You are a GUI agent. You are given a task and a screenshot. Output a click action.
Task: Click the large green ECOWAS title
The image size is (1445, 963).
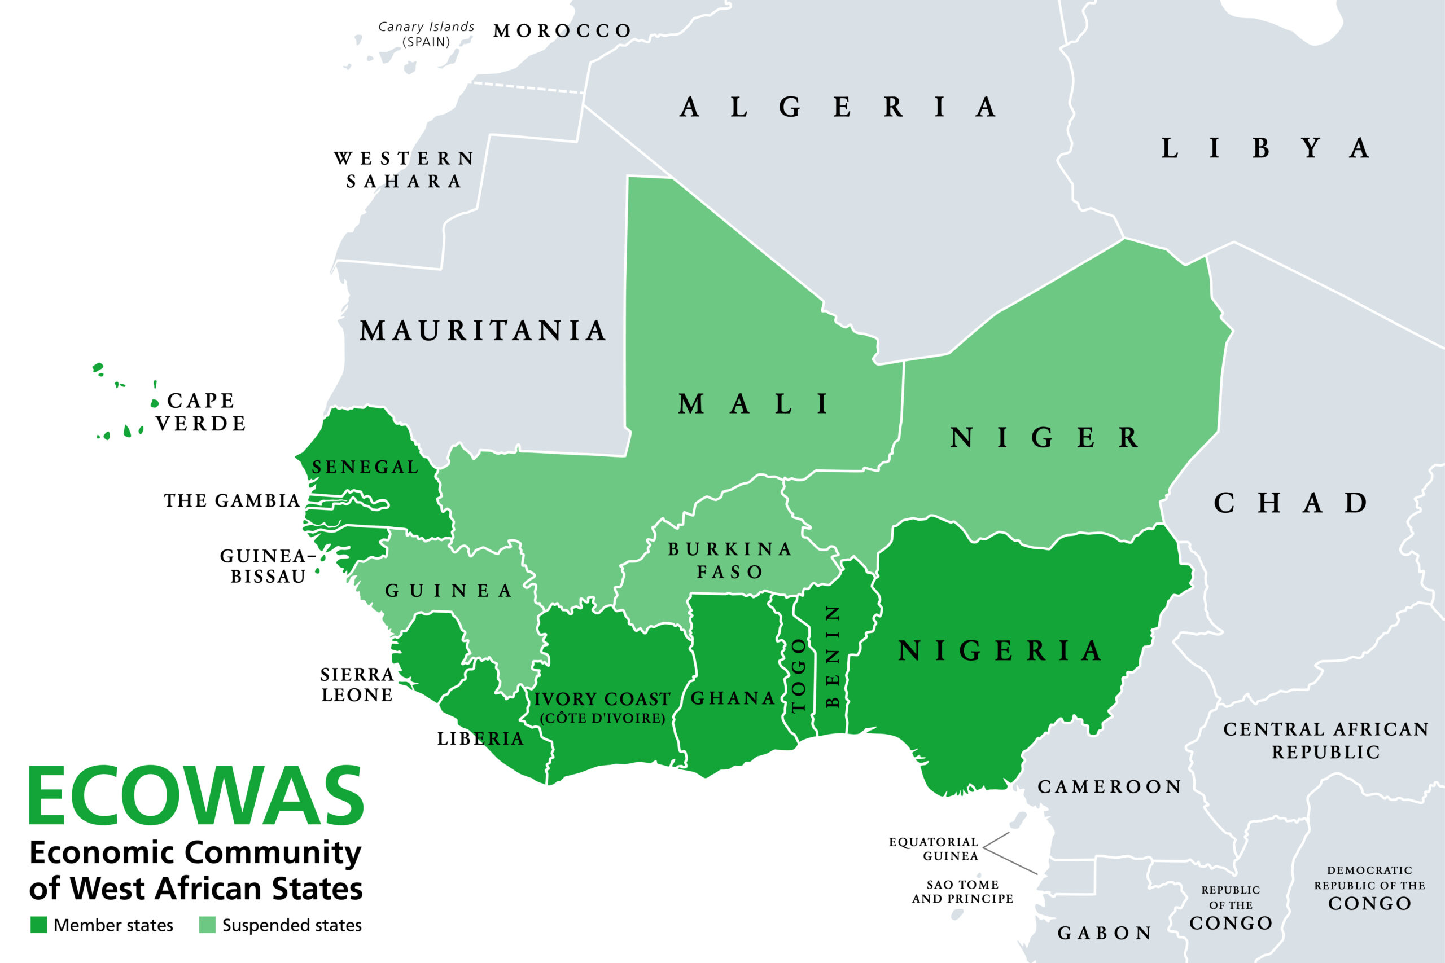[x=196, y=796]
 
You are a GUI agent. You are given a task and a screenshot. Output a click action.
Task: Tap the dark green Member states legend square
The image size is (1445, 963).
[x=39, y=925]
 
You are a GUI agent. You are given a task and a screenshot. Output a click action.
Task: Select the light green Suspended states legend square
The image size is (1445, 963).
[x=208, y=925]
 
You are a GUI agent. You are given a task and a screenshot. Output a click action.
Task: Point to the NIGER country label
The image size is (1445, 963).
[x=1044, y=438]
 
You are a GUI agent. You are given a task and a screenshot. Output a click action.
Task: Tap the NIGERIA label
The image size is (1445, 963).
[x=1000, y=651]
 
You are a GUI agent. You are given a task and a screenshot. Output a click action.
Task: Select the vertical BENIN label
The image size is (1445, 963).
[x=832, y=656]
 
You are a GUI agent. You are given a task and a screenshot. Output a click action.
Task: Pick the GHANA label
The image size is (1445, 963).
[x=733, y=698]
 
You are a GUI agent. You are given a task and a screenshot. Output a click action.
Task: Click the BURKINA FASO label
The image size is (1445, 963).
[x=730, y=560]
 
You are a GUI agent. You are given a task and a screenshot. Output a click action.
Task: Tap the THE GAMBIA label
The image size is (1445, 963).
[x=232, y=500]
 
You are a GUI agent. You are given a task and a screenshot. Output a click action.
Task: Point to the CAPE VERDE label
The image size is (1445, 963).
[x=201, y=412]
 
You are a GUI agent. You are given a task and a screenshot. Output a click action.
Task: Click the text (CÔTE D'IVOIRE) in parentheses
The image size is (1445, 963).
[x=603, y=718]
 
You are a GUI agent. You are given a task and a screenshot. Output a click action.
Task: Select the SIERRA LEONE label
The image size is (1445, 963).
[x=357, y=685]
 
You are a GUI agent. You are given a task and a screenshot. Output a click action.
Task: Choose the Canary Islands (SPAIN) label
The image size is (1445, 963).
[x=426, y=34]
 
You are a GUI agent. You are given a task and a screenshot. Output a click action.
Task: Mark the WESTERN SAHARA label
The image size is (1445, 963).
[x=404, y=169]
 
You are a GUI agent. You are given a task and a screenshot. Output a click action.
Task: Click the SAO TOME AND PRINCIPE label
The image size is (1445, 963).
[x=962, y=891]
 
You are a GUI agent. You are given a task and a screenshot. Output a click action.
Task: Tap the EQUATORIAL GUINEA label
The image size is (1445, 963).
[x=933, y=849]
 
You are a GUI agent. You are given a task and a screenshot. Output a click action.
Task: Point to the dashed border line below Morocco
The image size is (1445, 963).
[x=528, y=87]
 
